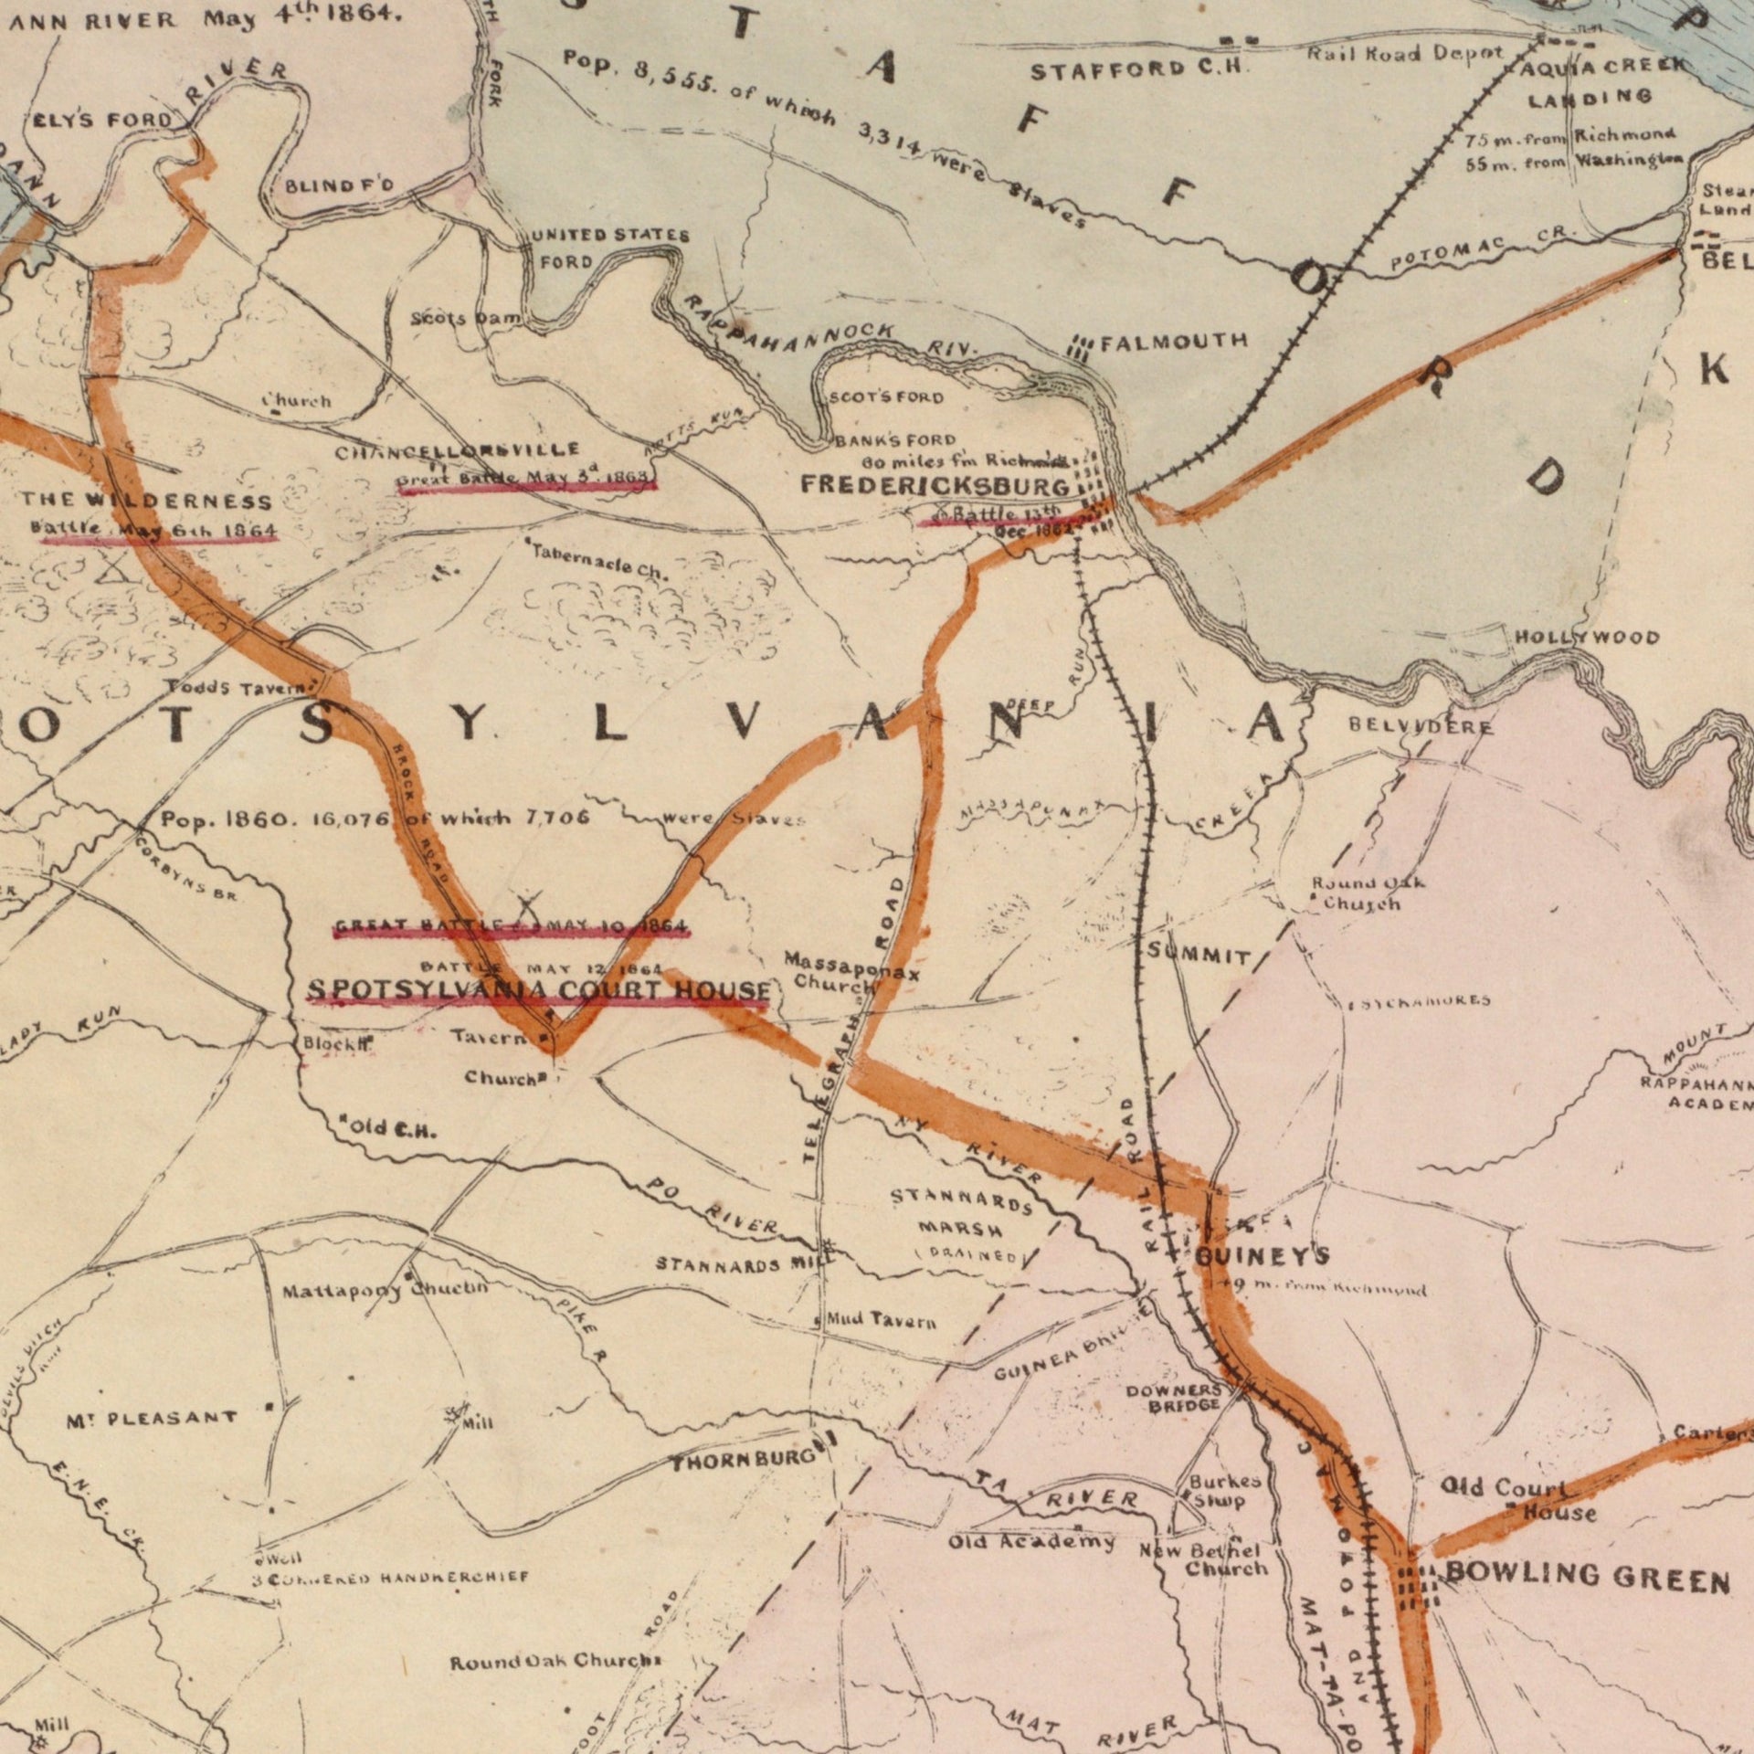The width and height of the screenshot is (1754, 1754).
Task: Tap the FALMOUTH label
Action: [x=1174, y=343]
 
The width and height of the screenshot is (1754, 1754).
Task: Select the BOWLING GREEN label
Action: [x=1587, y=1578]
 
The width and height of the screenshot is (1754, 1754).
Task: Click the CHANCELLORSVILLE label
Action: [x=457, y=451]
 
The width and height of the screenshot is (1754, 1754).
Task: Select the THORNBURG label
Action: [x=743, y=1463]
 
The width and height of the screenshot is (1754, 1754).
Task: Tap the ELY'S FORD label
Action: [x=100, y=120]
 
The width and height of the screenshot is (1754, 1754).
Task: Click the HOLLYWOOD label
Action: [x=1587, y=638]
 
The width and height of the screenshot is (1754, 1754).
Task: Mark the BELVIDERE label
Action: [x=1421, y=728]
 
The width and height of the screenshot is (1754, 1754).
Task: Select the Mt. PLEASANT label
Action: [x=152, y=1419]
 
